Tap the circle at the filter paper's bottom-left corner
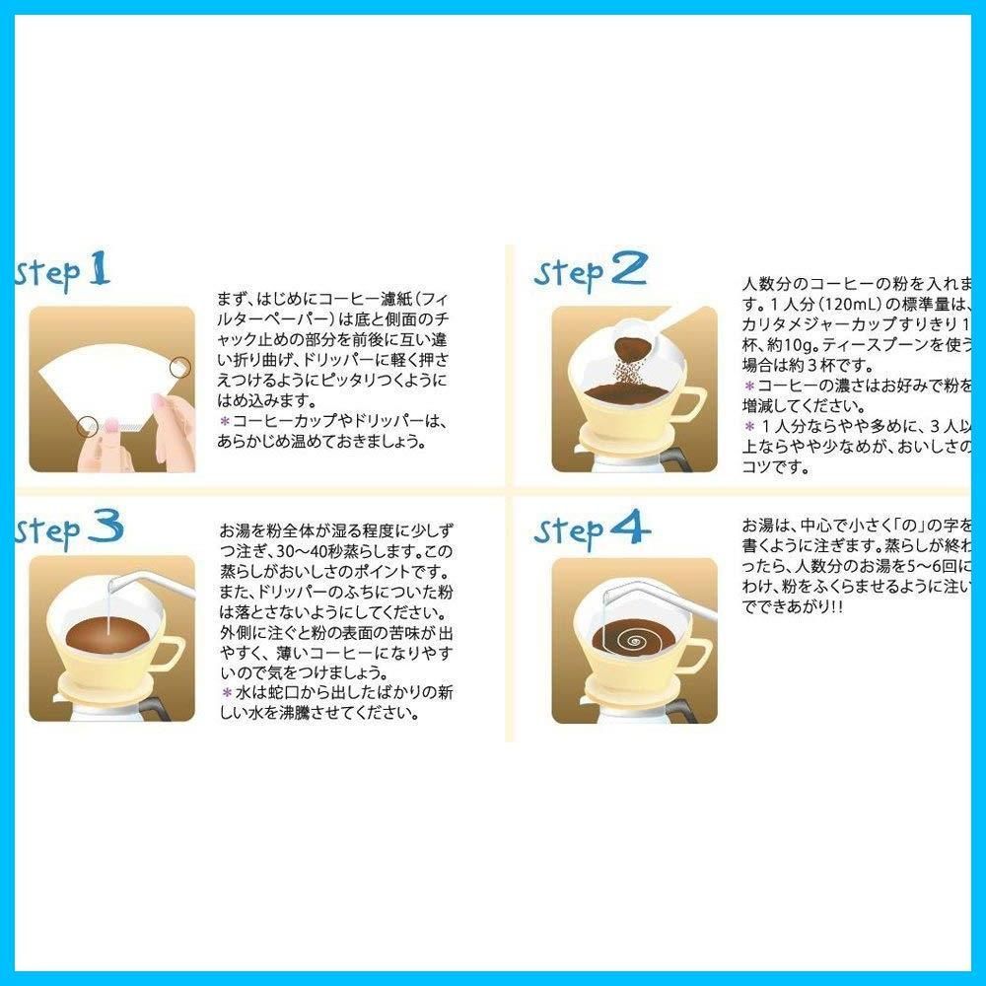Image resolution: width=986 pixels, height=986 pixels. [87, 426]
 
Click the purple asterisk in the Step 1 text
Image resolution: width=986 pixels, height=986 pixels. [224, 421]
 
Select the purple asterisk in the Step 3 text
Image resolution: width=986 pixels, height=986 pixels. [224, 691]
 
